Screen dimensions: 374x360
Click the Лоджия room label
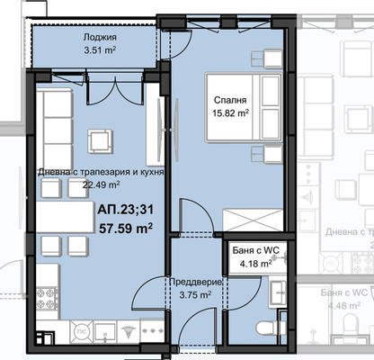[x=100, y=38]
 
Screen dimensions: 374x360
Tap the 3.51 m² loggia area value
[x=100, y=49]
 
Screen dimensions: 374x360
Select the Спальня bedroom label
[x=230, y=100]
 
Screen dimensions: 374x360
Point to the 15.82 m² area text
[x=230, y=113]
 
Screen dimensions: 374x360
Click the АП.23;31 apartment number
[x=125, y=209]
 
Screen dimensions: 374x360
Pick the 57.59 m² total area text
[x=126, y=229]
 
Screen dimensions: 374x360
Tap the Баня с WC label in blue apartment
[x=256, y=250]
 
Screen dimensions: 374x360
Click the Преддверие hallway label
[x=196, y=283]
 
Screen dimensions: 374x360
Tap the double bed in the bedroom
[x=244, y=107]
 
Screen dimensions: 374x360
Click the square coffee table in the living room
[x=100, y=141]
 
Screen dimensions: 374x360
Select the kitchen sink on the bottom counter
[x=105, y=331]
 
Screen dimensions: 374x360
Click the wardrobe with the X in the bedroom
[x=253, y=220]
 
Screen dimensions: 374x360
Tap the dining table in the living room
[x=66, y=217]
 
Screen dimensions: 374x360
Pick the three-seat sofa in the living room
[x=54, y=130]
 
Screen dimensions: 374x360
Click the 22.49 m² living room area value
[x=102, y=184]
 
